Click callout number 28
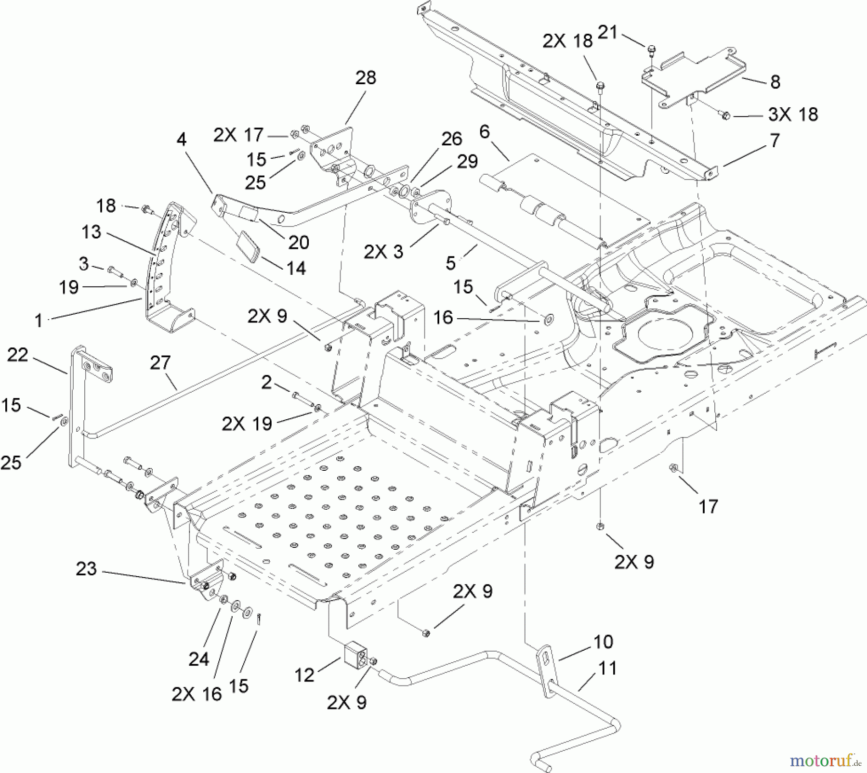(366, 77)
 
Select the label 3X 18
(793, 115)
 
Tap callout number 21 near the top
(607, 32)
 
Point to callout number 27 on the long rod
(160, 362)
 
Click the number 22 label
(18, 355)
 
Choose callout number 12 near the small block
(304, 675)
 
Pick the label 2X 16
(197, 694)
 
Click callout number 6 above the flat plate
(485, 131)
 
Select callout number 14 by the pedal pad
(296, 268)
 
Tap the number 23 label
(86, 569)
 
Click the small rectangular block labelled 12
(355, 656)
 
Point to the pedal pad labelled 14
(249, 246)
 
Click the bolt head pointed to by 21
(651, 48)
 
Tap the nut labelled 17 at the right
(673, 467)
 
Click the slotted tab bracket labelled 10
(546, 656)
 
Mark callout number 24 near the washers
(198, 658)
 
